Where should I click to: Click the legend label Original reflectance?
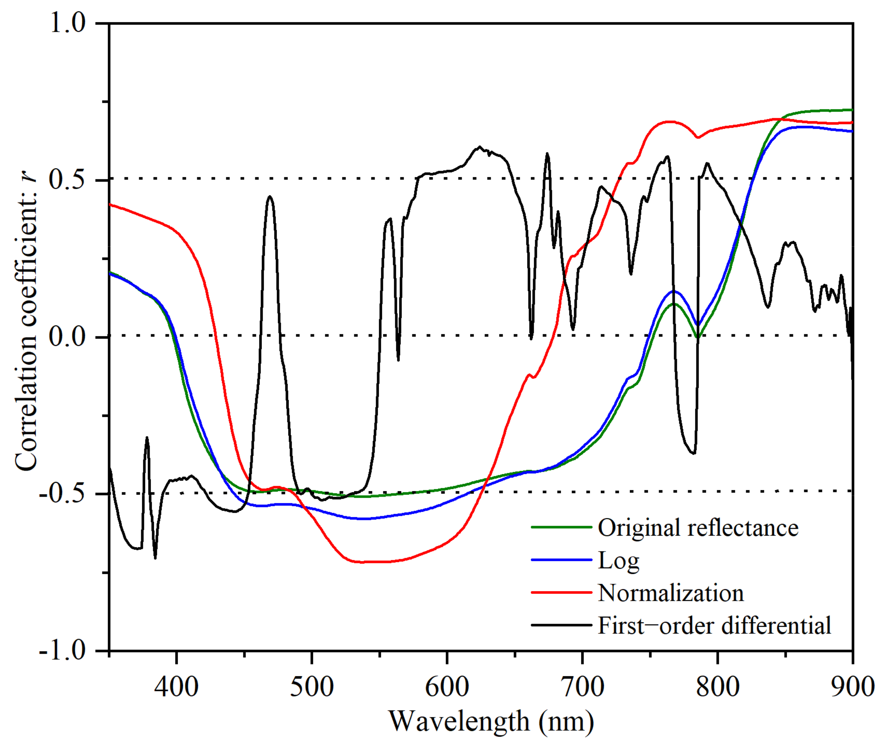(x=698, y=528)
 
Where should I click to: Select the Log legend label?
(x=618, y=561)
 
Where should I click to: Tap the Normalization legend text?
(x=671, y=593)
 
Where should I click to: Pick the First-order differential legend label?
(x=714, y=626)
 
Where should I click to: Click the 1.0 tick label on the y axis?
(x=68, y=23)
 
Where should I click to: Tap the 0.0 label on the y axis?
(x=68, y=337)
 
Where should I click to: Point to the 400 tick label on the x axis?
(x=176, y=687)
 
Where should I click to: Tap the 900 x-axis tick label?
(x=852, y=687)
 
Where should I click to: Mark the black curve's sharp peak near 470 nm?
(x=270, y=197)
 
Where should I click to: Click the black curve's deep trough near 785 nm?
(x=693, y=453)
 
